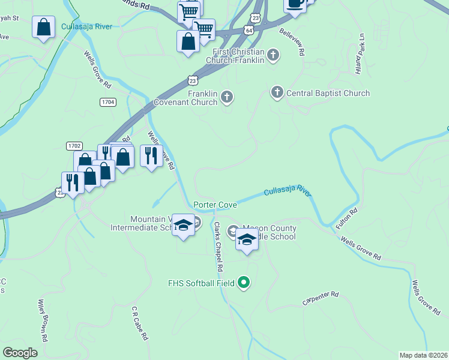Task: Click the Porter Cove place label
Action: [x=215, y=205]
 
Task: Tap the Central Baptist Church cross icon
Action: [x=277, y=92]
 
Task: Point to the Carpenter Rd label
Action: [x=321, y=298]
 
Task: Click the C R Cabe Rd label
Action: [x=140, y=323]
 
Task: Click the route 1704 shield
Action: [x=108, y=103]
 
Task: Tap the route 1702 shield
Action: [x=74, y=146]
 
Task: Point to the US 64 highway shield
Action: [x=249, y=30]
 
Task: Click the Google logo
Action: [x=20, y=353]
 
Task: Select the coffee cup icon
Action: [x=294, y=3]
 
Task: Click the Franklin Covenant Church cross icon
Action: [x=227, y=96]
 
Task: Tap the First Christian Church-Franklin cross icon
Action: [x=273, y=56]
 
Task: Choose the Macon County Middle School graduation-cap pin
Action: [x=247, y=239]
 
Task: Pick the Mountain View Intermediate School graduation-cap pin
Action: [x=184, y=225]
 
